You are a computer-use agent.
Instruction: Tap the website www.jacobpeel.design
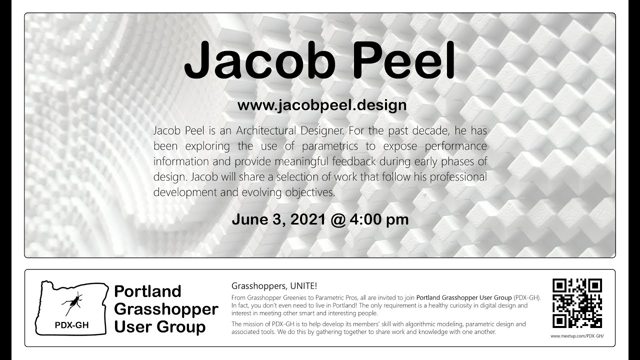322,105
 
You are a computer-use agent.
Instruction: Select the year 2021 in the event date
308,219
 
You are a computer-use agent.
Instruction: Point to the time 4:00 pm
379,219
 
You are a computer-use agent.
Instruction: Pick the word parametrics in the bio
329,146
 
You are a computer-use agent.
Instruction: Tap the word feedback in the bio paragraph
353,161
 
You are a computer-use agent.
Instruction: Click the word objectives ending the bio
310,192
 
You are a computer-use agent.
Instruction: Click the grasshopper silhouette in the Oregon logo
72,303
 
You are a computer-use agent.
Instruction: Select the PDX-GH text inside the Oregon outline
71,325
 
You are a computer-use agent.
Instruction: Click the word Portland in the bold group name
147,291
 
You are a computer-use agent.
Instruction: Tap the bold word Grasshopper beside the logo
166,309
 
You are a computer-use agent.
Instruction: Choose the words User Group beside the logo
159,326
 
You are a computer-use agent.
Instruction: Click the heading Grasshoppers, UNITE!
274,285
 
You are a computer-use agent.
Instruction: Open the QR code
577,303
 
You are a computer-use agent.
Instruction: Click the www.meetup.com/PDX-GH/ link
577,336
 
